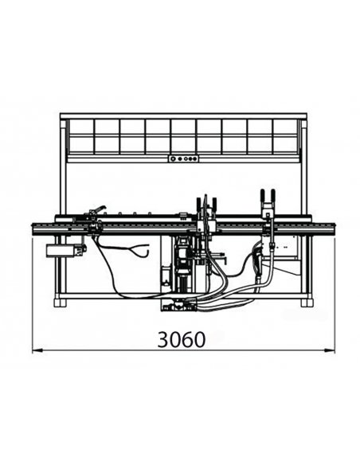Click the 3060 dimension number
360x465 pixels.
tap(181, 339)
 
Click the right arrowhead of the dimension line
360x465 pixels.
tap(330, 350)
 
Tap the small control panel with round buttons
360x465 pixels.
tap(183, 158)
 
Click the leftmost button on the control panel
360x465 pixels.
tap(173, 159)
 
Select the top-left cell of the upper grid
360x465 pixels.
tap(81, 127)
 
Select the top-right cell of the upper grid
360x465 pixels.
tap(286, 127)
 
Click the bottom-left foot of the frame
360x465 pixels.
tap(60, 303)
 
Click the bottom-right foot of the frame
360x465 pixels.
tap(307, 303)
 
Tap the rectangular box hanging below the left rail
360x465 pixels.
tap(61, 251)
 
